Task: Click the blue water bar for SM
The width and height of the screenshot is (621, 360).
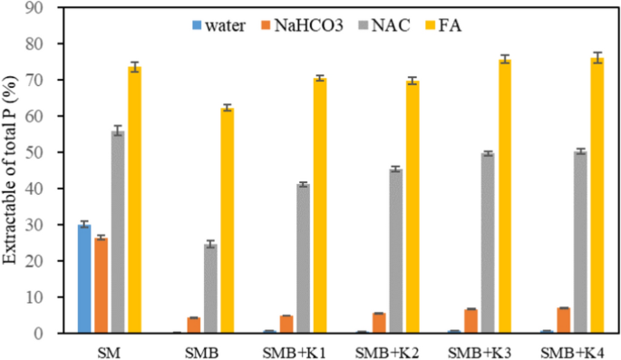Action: [x=83, y=279]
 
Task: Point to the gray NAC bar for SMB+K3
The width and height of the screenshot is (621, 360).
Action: [x=488, y=243]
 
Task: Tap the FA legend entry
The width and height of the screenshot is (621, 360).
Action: [x=451, y=24]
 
